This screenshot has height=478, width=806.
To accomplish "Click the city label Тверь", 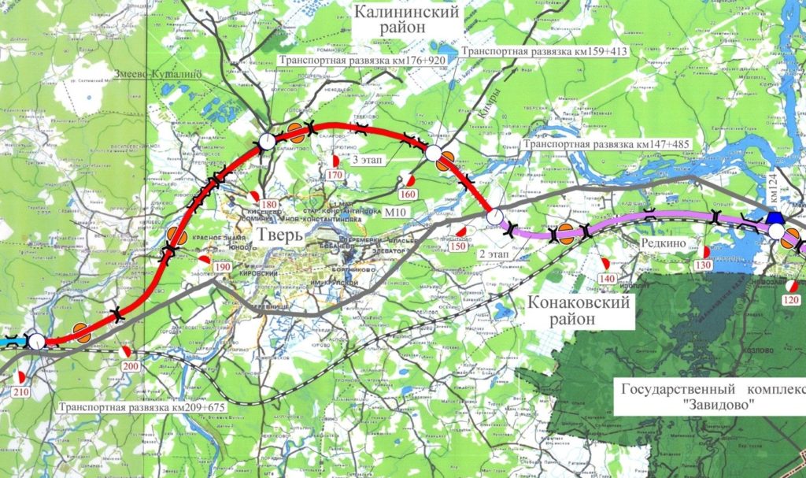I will (x=278, y=235).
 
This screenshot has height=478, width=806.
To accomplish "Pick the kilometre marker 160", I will (x=408, y=194).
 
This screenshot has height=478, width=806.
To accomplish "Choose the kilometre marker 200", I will (x=130, y=366).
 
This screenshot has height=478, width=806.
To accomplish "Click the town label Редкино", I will (x=663, y=243).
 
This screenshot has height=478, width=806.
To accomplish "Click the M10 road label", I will (x=400, y=213).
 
